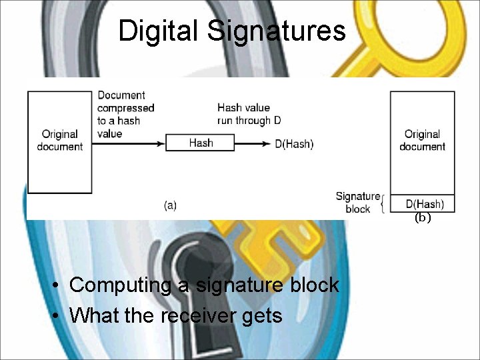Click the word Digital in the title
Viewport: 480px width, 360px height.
(x=159, y=31)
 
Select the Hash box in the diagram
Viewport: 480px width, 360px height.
(x=200, y=142)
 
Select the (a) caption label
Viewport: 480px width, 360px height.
(x=170, y=205)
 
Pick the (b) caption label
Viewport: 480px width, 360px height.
(x=423, y=218)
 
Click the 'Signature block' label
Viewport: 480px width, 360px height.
(x=357, y=202)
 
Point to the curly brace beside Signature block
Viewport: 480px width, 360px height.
(x=383, y=203)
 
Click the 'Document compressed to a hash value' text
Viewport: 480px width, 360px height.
(x=125, y=114)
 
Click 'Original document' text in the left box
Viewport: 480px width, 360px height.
(x=59, y=140)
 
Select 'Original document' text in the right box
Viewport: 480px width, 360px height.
(x=422, y=140)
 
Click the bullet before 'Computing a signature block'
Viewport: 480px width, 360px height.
(x=59, y=286)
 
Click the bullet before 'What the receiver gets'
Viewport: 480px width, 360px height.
(x=59, y=315)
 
